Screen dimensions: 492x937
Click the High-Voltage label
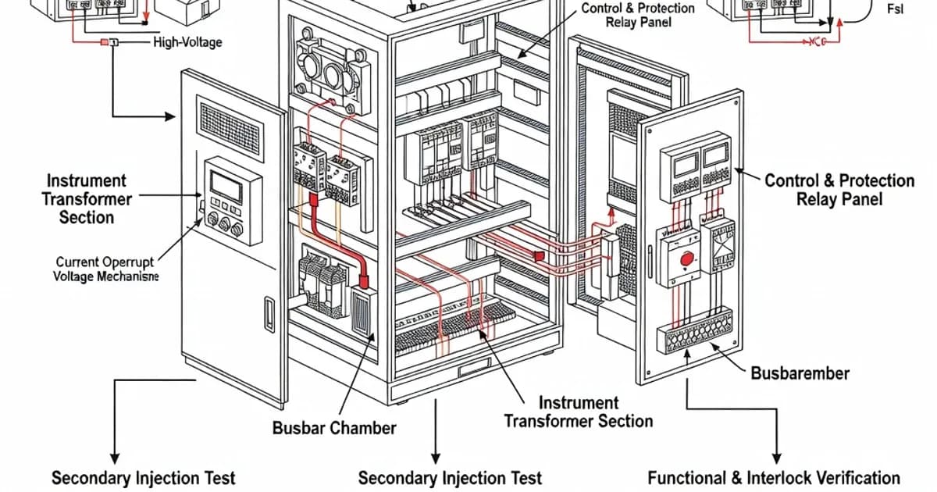point(187,41)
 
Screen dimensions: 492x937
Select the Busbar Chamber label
point(334,428)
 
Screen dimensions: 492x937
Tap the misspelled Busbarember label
point(800,373)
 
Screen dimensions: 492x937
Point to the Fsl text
point(895,9)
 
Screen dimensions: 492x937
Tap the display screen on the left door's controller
point(226,186)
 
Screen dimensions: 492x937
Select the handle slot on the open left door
point(269,314)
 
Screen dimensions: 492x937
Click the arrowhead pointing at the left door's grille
point(170,117)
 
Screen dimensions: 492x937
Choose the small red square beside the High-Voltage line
point(105,41)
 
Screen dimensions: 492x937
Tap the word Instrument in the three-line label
point(86,180)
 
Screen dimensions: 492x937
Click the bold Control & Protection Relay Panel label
point(839,190)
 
